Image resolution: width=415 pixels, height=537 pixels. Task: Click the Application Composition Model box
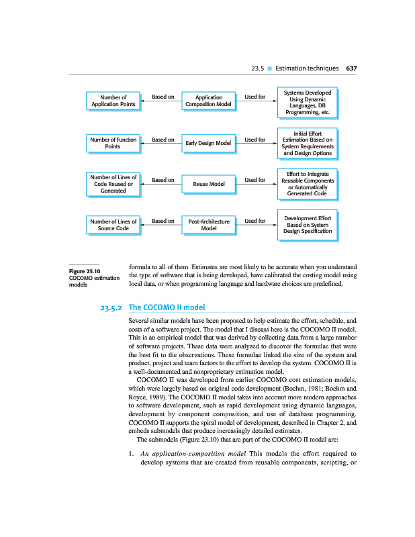(x=208, y=101)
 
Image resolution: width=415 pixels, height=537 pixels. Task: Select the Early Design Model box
(x=208, y=143)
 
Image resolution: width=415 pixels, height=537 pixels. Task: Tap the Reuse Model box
(x=208, y=183)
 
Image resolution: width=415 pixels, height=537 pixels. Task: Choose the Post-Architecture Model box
(x=208, y=225)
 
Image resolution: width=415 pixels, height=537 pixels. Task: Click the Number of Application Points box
(x=113, y=101)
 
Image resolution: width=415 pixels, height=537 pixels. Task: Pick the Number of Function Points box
(x=113, y=143)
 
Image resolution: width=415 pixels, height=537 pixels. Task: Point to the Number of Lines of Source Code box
(x=113, y=225)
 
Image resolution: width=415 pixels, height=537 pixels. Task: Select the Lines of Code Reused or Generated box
(x=113, y=183)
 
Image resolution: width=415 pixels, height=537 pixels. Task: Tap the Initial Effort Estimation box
(x=308, y=143)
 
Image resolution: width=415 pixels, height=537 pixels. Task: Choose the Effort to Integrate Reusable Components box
(x=308, y=183)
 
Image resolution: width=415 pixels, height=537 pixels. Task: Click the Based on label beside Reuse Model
(x=163, y=179)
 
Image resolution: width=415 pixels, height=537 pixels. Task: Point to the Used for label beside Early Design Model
(x=255, y=139)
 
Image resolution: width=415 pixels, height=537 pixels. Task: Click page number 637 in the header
(x=351, y=68)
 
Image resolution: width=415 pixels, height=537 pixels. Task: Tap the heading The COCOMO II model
(x=166, y=308)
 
